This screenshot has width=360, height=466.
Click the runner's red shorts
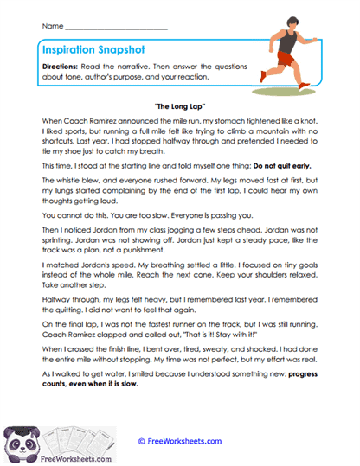tap(287, 58)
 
